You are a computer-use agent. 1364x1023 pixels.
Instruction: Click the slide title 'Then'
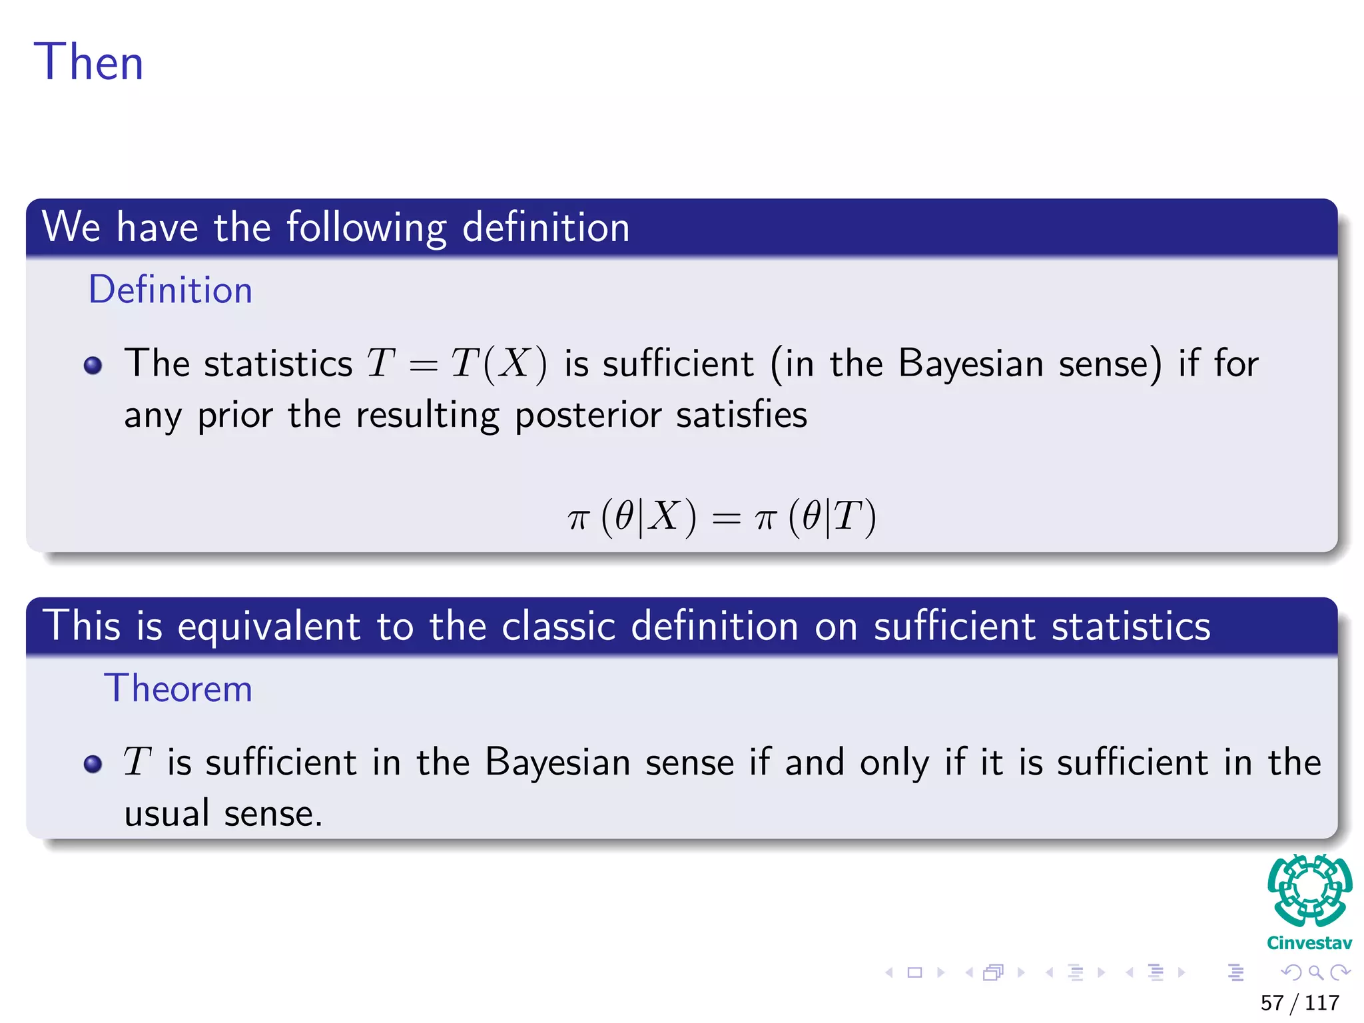[x=89, y=62]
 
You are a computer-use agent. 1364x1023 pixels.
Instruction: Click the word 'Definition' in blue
[x=170, y=290]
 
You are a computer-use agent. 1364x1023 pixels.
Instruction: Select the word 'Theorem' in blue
[x=178, y=689]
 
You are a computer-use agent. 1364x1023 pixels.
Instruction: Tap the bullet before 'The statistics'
[x=93, y=365]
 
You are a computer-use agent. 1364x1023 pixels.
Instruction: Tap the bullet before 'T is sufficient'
[x=93, y=763]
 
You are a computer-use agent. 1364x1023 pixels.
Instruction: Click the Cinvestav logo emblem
[x=1309, y=891]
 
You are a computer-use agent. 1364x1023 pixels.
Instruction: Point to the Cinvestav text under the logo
[x=1309, y=943]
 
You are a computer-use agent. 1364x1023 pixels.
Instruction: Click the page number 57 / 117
[x=1299, y=1002]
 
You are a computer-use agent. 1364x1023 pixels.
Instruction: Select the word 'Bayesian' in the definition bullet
[x=970, y=364]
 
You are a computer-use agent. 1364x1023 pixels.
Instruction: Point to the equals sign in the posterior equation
[x=726, y=518]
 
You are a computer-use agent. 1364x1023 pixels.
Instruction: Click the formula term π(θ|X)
[x=632, y=517]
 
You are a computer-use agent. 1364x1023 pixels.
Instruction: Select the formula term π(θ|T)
[x=815, y=517]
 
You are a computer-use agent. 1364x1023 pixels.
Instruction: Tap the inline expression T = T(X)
[x=457, y=364]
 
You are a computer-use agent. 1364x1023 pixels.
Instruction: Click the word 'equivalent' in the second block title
[x=269, y=627]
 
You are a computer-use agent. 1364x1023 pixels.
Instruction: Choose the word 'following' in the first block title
[x=366, y=228]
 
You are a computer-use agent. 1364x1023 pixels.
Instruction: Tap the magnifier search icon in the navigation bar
[x=1315, y=972]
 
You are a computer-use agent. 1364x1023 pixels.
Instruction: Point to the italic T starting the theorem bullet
[x=138, y=762]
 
